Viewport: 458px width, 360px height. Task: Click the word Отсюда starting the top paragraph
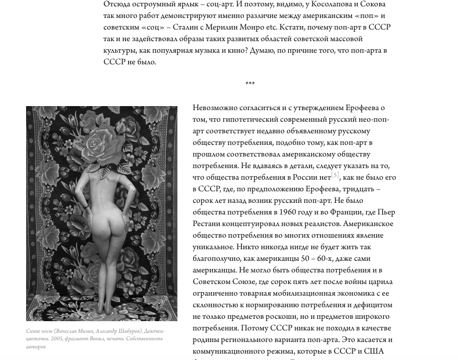pyautogui.click(x=118, y=5)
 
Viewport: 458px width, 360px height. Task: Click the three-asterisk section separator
pyautogui.click(x=250, y=85)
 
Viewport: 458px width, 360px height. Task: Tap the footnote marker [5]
pyautogui.click(x=335, y=174)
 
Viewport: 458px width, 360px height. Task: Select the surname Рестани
pyautogui.click(x=206, y=223)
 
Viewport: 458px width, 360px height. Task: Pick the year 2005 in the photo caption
pyautogui.click(x=60, y=339)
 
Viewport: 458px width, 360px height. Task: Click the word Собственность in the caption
pyautogui.click(x=143, y=339)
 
